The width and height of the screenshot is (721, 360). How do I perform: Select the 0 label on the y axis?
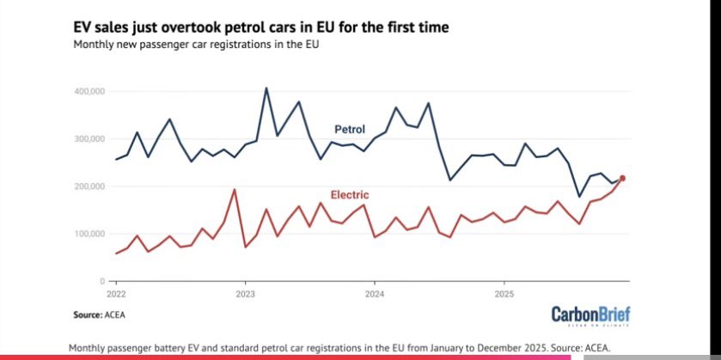click(x=101, y=281)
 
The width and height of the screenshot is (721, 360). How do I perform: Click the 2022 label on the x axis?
click(x=115, y=292)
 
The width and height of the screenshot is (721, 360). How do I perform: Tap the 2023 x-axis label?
click(x=245, y=292)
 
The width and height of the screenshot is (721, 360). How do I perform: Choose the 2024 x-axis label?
click(x=375, y=292)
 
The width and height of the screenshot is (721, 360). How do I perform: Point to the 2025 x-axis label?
click(x=504, y=292)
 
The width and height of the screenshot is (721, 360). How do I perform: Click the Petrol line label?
click(x=350, y=130)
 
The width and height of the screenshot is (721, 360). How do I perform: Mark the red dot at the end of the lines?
click(x=623, y=178)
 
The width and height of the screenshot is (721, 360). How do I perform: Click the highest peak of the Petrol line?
click(x=266, y=88)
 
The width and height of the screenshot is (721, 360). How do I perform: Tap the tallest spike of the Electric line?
click(x=234, y=189)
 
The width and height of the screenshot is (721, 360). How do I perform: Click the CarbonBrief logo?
click(x=591, y=314)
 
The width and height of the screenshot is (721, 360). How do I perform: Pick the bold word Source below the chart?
click(x=89, y=315)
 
